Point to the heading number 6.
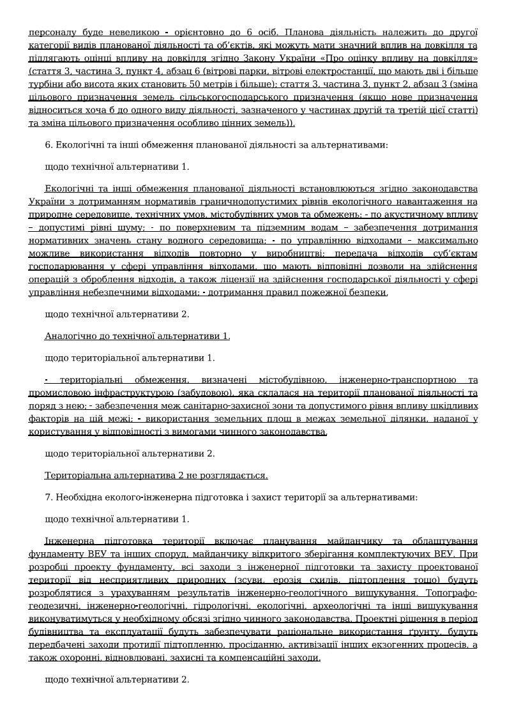(x=48, y=145)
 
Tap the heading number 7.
(x=48, y=497)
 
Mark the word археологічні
(x=344, y=605)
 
